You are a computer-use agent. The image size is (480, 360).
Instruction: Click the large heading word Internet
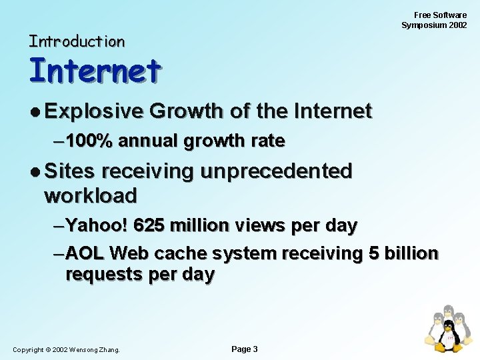95,71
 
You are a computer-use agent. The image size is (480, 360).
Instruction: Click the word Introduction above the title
77,41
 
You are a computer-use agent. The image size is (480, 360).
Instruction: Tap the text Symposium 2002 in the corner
434,25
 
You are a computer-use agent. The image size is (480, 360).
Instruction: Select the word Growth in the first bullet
186,111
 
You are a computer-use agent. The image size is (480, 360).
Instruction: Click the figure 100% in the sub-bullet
89,141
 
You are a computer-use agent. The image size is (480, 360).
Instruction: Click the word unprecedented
276,171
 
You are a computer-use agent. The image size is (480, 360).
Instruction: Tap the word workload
90,196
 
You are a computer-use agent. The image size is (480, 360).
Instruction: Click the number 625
151,226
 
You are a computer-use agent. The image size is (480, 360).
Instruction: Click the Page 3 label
244,349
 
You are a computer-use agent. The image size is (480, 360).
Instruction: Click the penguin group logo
448,329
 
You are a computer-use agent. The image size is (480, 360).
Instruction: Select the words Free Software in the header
440,15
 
